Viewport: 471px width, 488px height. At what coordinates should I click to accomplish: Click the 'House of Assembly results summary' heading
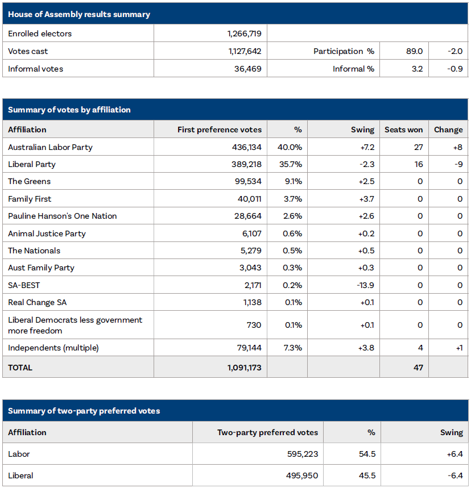click(x=79, y=14)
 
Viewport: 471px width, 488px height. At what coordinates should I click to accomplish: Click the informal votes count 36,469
click(x=247, y=69)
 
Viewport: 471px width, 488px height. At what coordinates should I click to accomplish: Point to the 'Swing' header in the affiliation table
click(x=362, y=130)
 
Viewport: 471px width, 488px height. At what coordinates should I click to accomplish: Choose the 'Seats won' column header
click(x=403, y=130)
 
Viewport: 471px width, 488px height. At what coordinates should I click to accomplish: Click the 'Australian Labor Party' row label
click(x=50, y=147)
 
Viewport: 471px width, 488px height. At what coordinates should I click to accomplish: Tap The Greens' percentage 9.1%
click(x=293, y=181)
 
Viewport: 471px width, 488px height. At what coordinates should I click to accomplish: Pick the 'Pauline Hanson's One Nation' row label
click(x=63, y=216)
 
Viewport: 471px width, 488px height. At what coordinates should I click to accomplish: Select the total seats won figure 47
click(x=418, y=368)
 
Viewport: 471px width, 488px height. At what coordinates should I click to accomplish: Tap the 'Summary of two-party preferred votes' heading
click(x=84, y=411)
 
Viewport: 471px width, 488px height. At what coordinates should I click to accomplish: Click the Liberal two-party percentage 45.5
click(x=367, y=476)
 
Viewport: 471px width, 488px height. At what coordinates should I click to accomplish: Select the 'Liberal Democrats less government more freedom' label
click(x=75, y=325)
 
